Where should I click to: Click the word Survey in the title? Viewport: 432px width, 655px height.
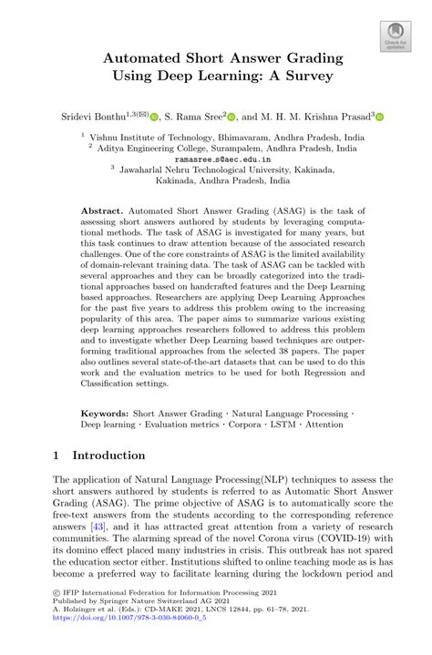[x=303, y=76]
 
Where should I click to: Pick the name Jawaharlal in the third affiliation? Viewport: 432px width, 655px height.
[x=145, y=168]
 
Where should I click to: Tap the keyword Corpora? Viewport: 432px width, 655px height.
[x=245, y=425]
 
